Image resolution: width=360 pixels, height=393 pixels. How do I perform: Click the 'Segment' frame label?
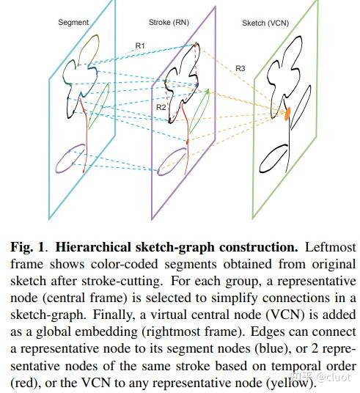coord(73,23)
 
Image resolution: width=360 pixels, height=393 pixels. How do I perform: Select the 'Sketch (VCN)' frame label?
coord(265,23)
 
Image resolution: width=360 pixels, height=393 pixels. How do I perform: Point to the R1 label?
coord(140,45)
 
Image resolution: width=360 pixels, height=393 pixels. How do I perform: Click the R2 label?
coord(161,107)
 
